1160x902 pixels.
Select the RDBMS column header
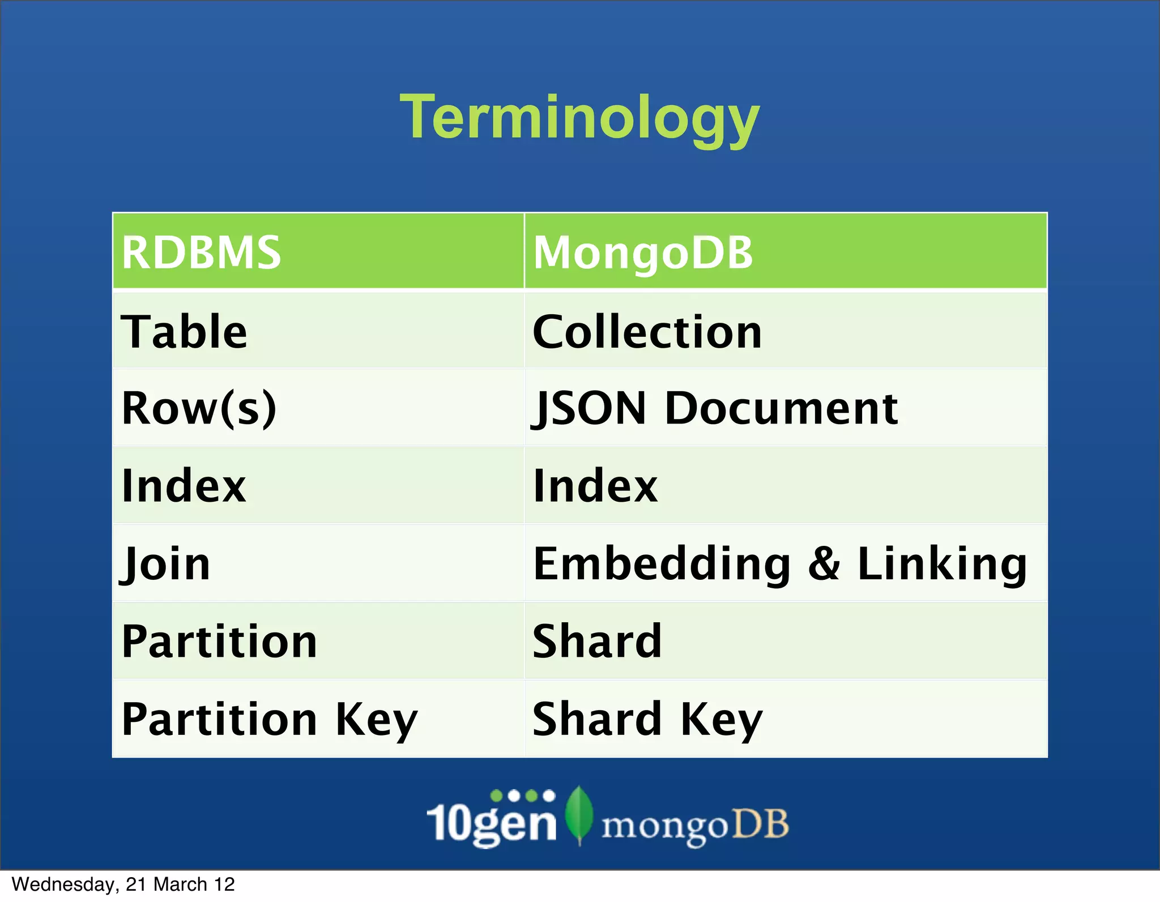coord(201,252)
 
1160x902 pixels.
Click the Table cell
coord(184,332)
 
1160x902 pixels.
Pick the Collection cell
coord(647,332)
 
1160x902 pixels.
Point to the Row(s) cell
coord(199,408)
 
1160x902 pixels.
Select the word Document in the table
coord(781,408)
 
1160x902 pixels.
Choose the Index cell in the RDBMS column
coord(184,486)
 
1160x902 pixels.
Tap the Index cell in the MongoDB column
coord(595,486)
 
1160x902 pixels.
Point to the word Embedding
coord(662,564)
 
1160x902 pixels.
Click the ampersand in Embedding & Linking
coord(824,564)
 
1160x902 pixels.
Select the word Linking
coord(941,564)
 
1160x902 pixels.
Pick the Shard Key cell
coord(647,720)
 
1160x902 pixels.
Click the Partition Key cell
coord(270,720)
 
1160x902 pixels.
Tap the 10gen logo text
coord(492,822)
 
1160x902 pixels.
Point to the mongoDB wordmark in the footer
coord(695,826)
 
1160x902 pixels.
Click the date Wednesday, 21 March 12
coord(123,884)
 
